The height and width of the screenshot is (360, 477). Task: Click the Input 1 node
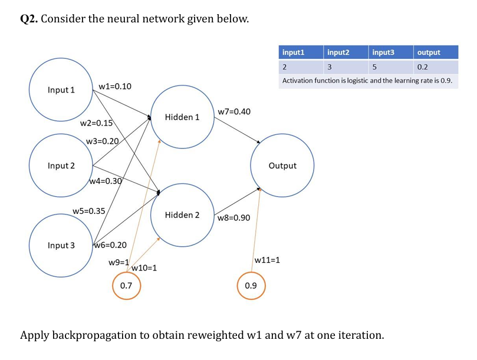click(61, 90)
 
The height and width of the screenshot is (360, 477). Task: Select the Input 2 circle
click(61, 166)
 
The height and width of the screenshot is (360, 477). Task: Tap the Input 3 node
click(61, 245)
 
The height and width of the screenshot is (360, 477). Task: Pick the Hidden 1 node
click(182, 117)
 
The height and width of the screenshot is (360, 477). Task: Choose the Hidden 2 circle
click(182, 215)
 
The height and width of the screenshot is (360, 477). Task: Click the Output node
click(282, 166)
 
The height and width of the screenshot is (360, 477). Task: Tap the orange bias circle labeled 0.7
click(126, 285)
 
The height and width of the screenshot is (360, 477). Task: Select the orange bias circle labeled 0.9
click(251, 285)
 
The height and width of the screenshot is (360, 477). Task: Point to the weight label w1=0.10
click(115, 86)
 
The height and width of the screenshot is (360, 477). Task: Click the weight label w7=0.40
click(234, 111)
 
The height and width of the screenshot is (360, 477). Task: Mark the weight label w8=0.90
click(234, 218)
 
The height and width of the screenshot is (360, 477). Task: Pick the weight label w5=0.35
click(89, 211)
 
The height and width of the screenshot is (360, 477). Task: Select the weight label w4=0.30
click(106, 181)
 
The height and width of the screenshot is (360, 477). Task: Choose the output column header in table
click(428, 52)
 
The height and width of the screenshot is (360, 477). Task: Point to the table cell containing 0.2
click(422, 67)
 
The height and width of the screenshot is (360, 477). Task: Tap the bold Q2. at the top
click(29, 19)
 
